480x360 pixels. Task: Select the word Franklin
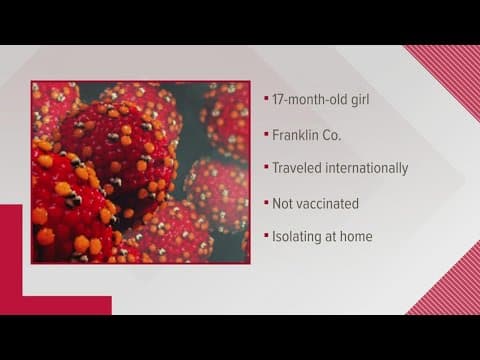tap(297, 133)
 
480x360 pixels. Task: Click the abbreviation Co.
tap(336, 133)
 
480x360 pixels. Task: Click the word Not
tap(283, 202)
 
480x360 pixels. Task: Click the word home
tap(357, 236)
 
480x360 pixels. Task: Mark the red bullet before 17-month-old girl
tap(265, 100)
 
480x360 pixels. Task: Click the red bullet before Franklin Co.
tap(265, 134)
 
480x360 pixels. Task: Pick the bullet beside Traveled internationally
tap(265, 168)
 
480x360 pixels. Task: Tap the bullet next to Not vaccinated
tap(265, 203)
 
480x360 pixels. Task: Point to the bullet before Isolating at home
tap(265, 237)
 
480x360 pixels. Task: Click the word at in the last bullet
tap(335, 236)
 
